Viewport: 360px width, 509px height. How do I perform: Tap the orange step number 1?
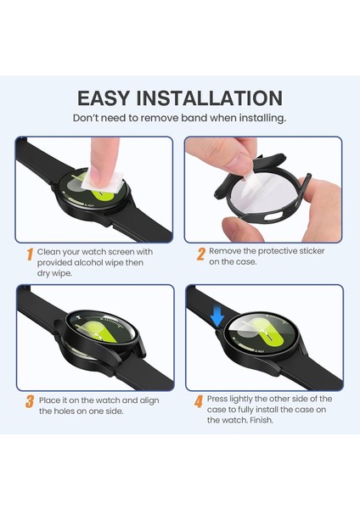pos(30,254)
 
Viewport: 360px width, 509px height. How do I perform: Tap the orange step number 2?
pos(201,254)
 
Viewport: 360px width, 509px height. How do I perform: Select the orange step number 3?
pos(30,401)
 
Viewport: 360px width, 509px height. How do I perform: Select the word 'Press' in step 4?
pos(222,399)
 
